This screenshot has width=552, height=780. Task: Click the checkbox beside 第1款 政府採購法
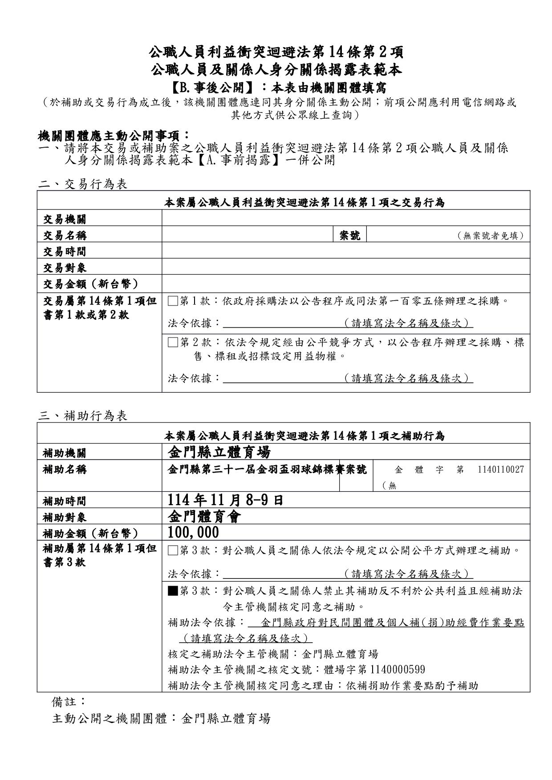173,302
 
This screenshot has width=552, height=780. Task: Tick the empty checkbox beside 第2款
173,342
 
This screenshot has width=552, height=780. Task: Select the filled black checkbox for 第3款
173,591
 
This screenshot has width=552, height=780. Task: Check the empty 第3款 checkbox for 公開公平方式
173,551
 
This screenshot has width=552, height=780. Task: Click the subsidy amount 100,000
193,532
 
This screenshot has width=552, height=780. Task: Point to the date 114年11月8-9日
225,500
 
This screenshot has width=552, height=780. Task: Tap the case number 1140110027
501,470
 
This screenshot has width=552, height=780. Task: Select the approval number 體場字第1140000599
374,670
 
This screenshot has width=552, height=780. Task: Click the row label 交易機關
65,219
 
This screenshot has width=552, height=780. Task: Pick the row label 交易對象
65,268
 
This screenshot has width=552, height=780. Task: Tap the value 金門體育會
204,517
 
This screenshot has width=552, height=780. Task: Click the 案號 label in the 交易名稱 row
350,235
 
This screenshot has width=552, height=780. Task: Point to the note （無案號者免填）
491,236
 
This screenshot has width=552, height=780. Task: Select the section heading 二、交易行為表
83,184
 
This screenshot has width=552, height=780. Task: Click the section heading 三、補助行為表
83,416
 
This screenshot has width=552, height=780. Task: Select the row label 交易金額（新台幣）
91,284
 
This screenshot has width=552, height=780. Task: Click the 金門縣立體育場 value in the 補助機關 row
219,453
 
